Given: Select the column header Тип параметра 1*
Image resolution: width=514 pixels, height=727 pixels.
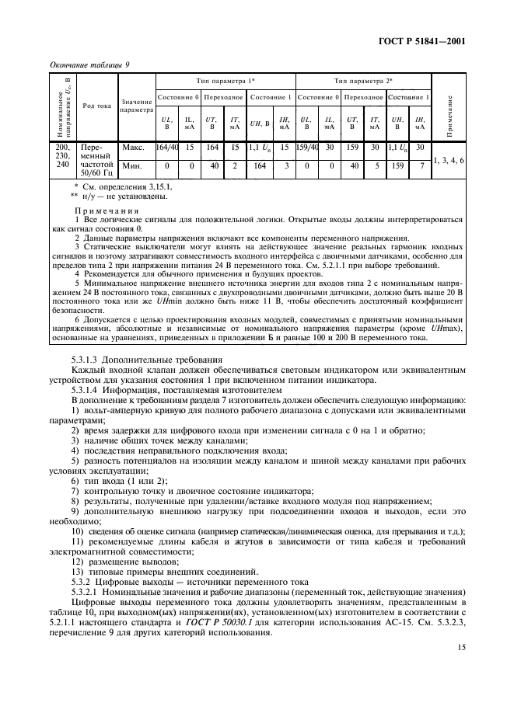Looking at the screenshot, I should (x=226, y=81).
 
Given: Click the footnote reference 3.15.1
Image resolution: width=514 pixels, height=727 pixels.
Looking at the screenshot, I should (x=156, y=187).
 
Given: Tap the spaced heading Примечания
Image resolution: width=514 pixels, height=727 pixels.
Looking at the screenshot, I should (x=107, y=210).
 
